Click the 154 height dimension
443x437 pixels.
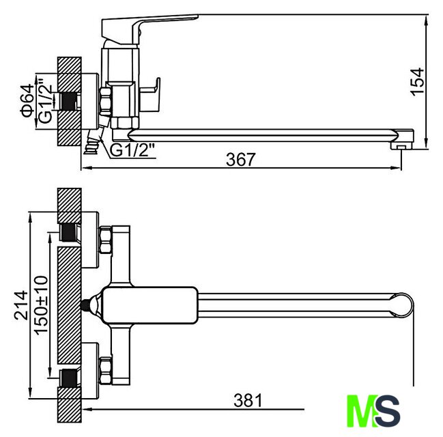click(418, 82)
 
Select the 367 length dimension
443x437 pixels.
click(241, 159)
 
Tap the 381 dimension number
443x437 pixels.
click(248, 400)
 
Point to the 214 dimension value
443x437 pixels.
click(21, 305)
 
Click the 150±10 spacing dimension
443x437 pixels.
click(41, 305)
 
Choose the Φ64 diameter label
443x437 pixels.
click(27, 100)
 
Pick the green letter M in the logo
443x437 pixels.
click(361, 411)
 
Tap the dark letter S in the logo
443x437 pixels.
click(388, 411)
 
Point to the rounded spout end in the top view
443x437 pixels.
click(402, 305)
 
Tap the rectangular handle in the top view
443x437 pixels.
click(149, 305)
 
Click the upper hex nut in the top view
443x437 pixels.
click(106, 240)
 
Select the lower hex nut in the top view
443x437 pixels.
click(106, 371)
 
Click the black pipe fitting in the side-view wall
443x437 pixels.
click(68, 102)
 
